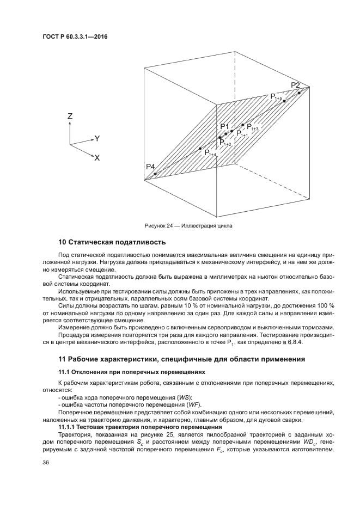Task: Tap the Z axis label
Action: point(70,116)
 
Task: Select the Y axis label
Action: point(97,138)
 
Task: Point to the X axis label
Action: point(97,158)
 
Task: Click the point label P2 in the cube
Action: point(295,85)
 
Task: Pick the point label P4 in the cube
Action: point(150,166)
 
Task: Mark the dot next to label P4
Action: point(155,174)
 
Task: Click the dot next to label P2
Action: point(300,93)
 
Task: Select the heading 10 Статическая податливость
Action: point(111,242)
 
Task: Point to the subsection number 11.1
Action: point(63,371)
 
